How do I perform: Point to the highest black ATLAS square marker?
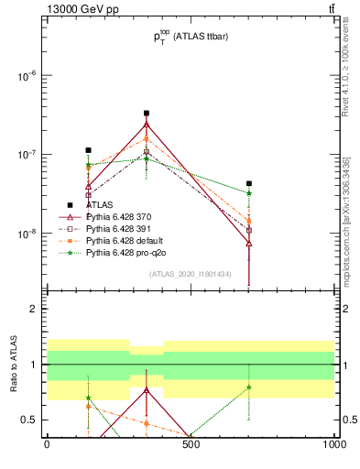click(147, 114)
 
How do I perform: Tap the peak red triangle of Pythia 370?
click(147, 125)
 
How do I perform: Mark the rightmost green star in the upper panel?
click(248, 193)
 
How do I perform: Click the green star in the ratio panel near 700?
click(248, 387)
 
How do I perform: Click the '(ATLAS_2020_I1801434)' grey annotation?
click(190, 274)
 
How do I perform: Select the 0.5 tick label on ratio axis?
click(29, 420)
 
